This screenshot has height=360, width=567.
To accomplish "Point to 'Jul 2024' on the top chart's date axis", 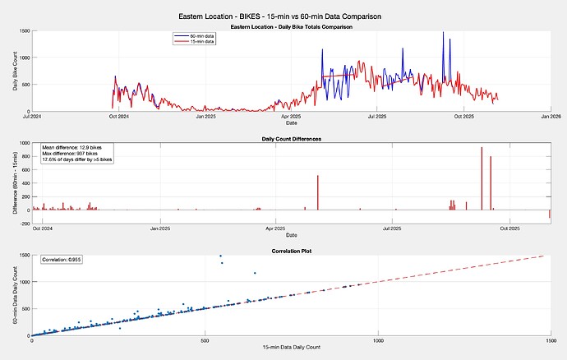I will pyautogui.click(x=30, y=117).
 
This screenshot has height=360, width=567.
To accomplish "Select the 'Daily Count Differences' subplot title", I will pyautogui.click(x=291, y=139).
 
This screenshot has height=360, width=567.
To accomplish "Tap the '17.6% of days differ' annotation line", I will pyautogui.click(x=77, y=159).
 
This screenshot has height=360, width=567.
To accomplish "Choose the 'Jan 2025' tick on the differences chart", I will pyautogui.click(x=159, y=228).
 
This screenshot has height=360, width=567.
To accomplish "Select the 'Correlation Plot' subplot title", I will pyautogui.click(x=291, y=250).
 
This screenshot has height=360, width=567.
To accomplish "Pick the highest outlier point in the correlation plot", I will pyautogui.click(x=220, y=256).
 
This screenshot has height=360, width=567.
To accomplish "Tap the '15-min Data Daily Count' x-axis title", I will pyautogui.click(x=291, y=349).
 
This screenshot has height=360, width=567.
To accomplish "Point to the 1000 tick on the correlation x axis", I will pyautogui.click(x=378, y=340).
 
